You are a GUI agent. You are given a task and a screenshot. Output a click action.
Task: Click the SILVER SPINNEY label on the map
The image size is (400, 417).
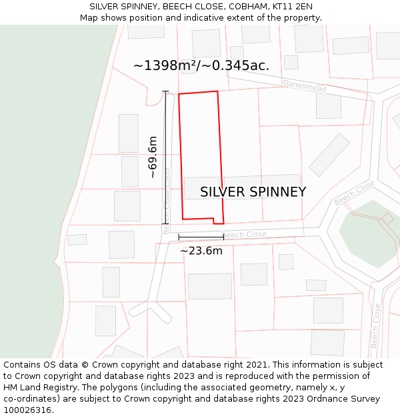click(253, 192)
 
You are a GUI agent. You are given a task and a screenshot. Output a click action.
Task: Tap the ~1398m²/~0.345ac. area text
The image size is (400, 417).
click(201, 65)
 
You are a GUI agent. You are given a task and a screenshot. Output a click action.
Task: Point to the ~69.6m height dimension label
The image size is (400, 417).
click(153, 157)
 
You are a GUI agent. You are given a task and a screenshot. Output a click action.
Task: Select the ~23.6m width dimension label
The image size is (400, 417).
click(201, 251)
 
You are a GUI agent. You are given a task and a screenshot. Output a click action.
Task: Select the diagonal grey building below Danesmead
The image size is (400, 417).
click(329, 155)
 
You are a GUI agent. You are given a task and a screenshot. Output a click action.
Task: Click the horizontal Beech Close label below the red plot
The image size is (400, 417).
click(244, 235)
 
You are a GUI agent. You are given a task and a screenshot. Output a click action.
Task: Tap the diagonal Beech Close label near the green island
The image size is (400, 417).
click(354, 193)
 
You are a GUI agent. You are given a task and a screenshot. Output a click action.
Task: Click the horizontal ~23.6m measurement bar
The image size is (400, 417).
click(201, 237)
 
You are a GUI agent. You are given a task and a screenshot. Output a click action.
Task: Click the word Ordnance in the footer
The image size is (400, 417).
click(313, 399)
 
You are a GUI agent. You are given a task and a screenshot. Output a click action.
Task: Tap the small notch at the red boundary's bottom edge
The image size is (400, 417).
click(218, 221)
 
